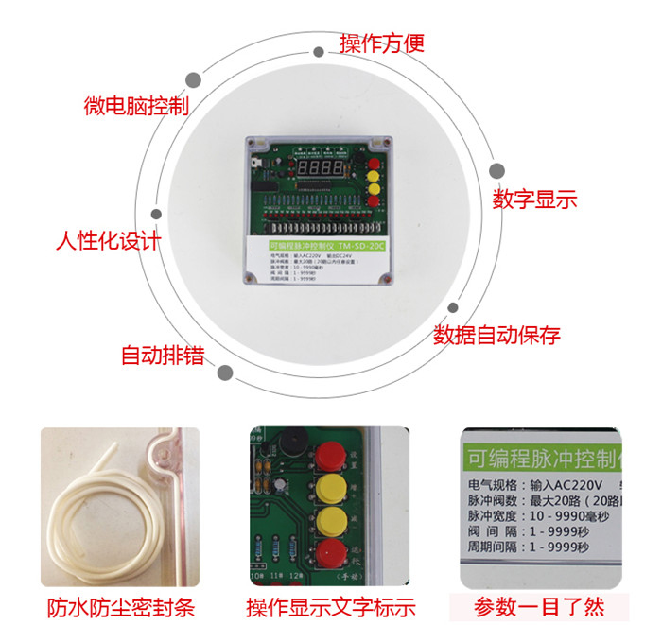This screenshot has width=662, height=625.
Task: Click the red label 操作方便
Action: coord(382,43)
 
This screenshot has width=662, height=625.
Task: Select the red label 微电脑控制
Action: coord(136,105)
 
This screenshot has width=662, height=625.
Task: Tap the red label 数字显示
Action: coord(534,200)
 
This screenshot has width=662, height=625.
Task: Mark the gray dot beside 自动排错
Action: coord(225,373)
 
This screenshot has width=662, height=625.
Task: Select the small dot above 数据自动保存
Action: coord(453,307)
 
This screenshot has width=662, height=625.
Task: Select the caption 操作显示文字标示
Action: coord(330,607)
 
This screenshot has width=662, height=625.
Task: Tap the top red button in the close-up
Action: coord(329,454)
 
